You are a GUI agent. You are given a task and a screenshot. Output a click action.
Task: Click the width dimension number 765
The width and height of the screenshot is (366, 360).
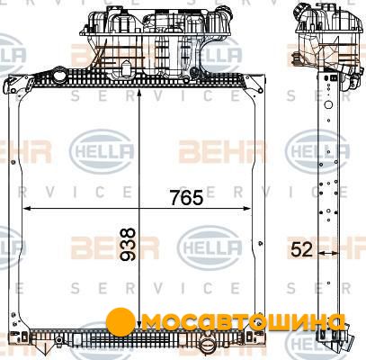186,197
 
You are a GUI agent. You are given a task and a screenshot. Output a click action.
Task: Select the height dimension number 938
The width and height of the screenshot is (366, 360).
128,244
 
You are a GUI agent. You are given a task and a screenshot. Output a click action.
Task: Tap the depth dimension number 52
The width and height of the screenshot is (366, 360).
301,249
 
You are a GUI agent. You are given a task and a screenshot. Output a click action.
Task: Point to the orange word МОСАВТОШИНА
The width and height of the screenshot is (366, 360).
244,322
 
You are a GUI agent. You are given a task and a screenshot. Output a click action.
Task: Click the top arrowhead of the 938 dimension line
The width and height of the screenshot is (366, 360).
139,93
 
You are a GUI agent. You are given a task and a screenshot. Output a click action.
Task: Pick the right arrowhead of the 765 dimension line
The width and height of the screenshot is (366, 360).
246,208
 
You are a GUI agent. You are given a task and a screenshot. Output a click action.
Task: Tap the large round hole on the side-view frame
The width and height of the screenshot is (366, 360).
329,104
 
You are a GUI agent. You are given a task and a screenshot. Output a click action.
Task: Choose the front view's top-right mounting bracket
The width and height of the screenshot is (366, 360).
254,83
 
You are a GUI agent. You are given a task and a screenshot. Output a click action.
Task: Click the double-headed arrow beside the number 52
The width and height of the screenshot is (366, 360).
328,253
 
